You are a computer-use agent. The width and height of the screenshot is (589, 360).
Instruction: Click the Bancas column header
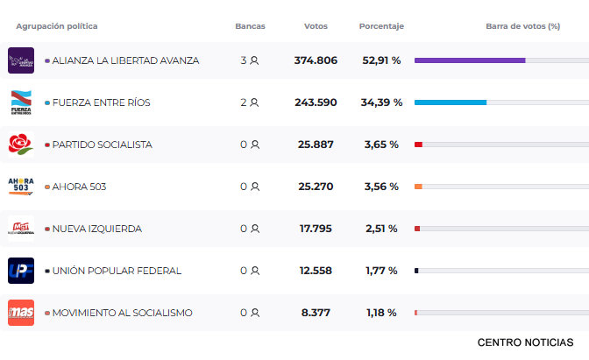[250, 26]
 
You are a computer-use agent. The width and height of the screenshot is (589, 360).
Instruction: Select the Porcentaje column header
[381, 26]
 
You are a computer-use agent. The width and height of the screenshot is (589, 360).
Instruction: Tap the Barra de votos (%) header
[522, 26]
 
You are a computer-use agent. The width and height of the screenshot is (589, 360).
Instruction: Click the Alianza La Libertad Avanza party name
[125, 60]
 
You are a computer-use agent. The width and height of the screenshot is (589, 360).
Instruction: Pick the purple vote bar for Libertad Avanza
[470, 60]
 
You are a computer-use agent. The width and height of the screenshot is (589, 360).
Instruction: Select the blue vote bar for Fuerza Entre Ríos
[450, 102]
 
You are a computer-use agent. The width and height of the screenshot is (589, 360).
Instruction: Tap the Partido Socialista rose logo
[21, 145]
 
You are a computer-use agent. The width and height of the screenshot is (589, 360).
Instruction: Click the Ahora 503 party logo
[21, 187]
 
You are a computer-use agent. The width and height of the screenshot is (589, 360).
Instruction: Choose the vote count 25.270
[316, 187]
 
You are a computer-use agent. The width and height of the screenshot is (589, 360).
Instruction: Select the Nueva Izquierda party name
[96, 229]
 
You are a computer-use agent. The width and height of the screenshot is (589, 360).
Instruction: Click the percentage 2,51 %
[381, 229]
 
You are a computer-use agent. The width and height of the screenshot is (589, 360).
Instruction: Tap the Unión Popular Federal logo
[21, 271]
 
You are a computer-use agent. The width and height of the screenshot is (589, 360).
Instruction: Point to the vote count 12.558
[316, 271]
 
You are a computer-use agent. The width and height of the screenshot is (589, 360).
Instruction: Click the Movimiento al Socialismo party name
[122, 313]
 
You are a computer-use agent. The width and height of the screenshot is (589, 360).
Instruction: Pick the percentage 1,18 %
[381, 313]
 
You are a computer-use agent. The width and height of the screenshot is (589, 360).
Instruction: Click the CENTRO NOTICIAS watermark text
[526, 342]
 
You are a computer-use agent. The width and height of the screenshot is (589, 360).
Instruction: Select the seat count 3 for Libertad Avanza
[245, 60]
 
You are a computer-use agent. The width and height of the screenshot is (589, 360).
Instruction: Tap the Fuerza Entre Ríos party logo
[21, 102]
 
